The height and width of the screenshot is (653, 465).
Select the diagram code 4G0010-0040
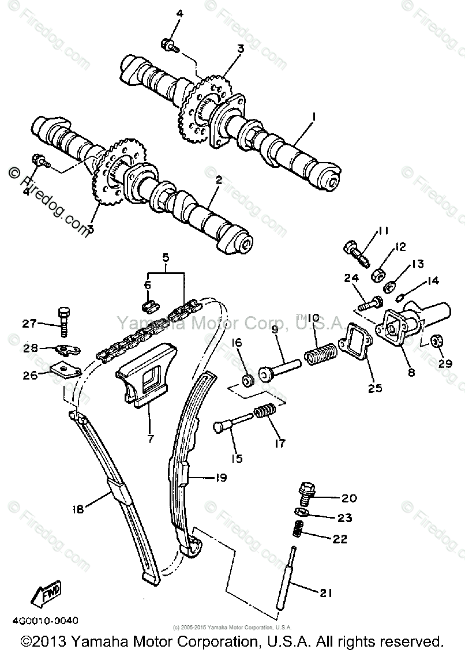click(43, 621)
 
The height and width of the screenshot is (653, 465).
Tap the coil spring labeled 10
click(320, 353)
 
